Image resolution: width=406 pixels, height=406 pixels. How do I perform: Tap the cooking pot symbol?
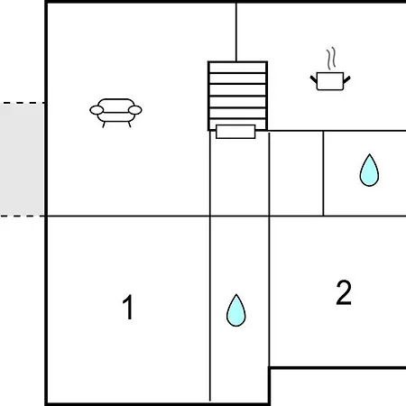pyautogui.click(x=330, y=81)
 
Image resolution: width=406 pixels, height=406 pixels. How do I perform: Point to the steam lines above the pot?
pyautogui.click(x=331, y=58)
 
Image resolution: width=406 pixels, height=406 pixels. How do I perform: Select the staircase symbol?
pyautogui.click(x=237, y=96)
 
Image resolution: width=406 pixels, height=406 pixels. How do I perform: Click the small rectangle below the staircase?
pyautogui.click(x=235, y=132)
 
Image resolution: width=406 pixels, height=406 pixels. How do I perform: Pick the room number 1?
pyautogui.click(x=128, y=307)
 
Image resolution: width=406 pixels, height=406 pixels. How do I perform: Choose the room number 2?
pyautogui.click(x=344, y=292)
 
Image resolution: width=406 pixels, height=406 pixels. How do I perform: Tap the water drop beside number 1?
pyautogui.click(x=236, y=310)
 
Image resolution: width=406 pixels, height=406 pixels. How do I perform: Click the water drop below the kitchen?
pyautogui.click(x=369, y=171)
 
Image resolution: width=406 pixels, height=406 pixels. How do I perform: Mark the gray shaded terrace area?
pyautogui.click(x=22, y=160)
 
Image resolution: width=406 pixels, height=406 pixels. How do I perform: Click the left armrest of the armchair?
pyautogui.click(x=97, y=110)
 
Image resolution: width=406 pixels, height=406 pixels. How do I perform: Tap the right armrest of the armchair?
pyautogui.click(x=135, y=110)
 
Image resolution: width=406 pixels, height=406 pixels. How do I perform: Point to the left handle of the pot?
pyautogui.click(x=314, y=79)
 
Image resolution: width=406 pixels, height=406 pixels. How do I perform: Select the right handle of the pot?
pyautogui.click(x=346, y=79)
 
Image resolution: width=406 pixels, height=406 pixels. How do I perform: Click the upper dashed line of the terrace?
pyautogui.click(x=22, y=103)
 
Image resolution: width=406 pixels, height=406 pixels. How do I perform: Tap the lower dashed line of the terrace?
pyautogui.click(x=22, y=216)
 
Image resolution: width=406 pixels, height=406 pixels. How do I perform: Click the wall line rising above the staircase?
pyautogui.click(x=236, y=32)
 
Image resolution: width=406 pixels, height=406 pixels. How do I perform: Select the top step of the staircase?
pyautogui.click(x=237, y=68)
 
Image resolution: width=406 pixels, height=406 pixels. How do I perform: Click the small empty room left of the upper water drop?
pyautogui.click(x=296, y=173)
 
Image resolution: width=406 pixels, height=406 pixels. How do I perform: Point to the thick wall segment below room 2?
pyautogui.click(x=337, y=367)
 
